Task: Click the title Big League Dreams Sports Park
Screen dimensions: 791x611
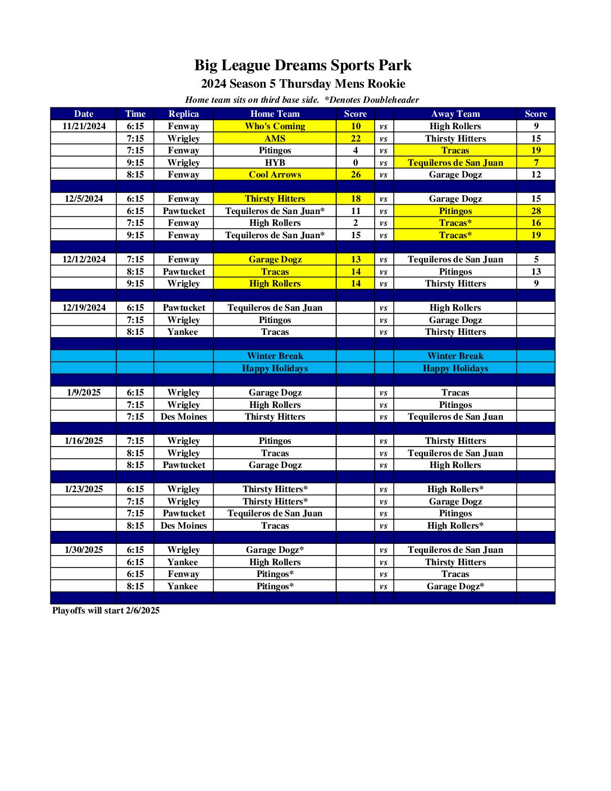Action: click(x=303, y=65)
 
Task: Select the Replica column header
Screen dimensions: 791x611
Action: click(x=184, y=113)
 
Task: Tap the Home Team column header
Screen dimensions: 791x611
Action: click(x=275, y=113)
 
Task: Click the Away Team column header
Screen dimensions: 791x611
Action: click(x=455, y=113)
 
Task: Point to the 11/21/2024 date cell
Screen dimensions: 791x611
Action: click(x=84, y=126)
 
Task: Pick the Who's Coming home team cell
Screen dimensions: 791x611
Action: click(x=275, y=126)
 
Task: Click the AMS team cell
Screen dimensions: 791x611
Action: click(x=275, y=138)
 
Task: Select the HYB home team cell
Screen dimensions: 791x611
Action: click(x=275, y=162)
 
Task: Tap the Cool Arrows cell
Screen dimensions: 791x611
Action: click(x=275, y=174)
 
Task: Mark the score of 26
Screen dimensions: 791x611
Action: click(x=355, y=174)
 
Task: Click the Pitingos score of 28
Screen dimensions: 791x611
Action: click(x=536, y=211)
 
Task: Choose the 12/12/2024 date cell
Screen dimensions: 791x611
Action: click(x=84, y=259)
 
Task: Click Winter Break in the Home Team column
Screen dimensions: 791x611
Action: click(x=275, y=356)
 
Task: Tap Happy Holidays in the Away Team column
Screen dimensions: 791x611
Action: click(x=455, y=368)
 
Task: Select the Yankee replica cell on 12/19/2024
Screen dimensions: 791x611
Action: click(x=183, y=331)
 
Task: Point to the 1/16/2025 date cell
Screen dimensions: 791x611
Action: click(x=84, y=440)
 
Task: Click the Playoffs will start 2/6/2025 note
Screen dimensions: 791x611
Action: click(x=106, y=610)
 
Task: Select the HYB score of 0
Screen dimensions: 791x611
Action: click(x=355, y=162)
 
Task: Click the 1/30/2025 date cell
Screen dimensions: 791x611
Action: click(x=84, y=549)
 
